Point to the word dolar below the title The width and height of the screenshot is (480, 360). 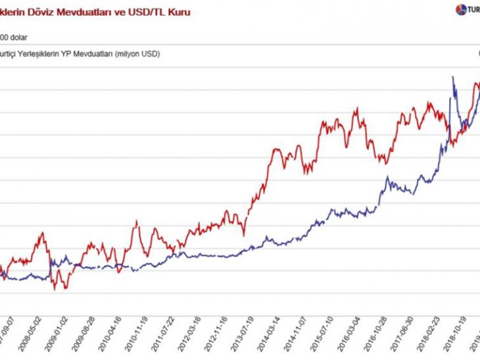coord(18,37)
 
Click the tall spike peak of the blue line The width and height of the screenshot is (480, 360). coord(452,78)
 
